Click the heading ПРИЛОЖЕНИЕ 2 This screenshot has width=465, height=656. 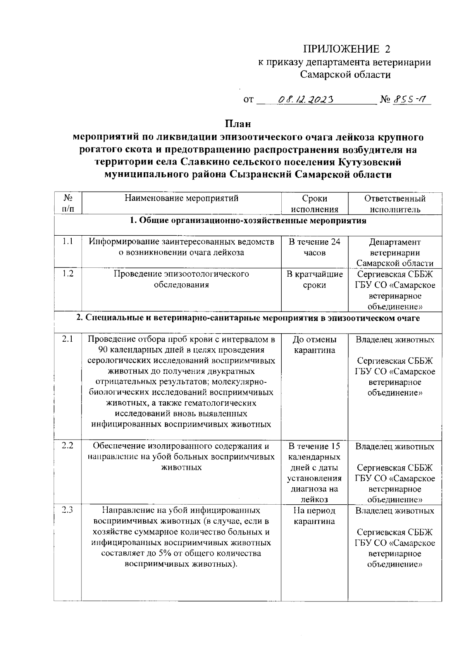(x=346, y=49)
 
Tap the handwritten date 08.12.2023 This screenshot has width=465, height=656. (x=306, y=100)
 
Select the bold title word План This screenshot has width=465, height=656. (x=238, y=124)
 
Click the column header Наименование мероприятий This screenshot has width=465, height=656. (x=181, y=199)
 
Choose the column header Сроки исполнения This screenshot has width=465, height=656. (x=314, y=204)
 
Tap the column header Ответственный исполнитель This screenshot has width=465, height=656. (x=394, y=204)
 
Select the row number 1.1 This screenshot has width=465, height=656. (x=68, y=242)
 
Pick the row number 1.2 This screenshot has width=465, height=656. (x=68, y=274)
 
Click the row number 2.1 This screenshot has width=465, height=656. (x=68, y=339)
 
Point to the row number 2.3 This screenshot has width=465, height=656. (x=68, y=510)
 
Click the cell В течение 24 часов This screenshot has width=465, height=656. (x=314, y=247)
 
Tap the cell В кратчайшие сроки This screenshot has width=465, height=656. (x=314, y=280)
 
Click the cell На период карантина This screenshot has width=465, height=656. (x=314, y=516)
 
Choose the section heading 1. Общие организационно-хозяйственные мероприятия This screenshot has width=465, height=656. (x=248, y=221)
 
